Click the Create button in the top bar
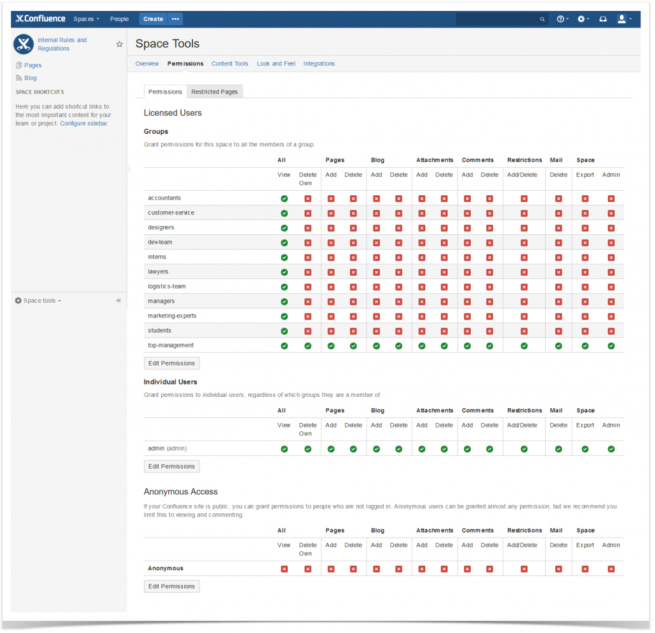point(153,19)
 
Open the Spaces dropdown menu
point(86,19)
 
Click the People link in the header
point(119,19)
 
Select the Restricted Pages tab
point(214,92)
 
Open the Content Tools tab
point(230,64)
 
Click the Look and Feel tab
point(276,64)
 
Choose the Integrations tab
point(319,64)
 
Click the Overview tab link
point(147,64)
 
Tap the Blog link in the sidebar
point(30,78)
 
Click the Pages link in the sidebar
point(33,65)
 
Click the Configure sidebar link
point(84,124)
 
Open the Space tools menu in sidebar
point(38,301)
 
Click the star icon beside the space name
point(119,44)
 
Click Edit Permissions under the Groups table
point(171,364)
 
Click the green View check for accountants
point(284,198)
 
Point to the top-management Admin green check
point(611,346)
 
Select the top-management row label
point(171,346)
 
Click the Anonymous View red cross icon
point(284,569)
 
